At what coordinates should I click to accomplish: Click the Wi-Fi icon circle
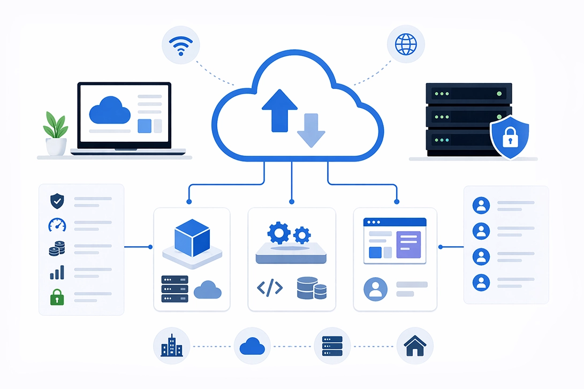tap(181, 44)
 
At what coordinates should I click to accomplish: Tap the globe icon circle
tap(405, 44)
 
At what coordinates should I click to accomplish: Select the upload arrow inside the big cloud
tap(279, 110)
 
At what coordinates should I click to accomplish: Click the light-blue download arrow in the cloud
tap(311, 130)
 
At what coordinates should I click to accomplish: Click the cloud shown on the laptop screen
tap(110, 111)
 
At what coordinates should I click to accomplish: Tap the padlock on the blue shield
tap(509, 138)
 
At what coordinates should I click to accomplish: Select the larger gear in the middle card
tap(278, 233)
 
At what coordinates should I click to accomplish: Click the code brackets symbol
tap(270, 288)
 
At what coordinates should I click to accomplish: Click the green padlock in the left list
tap(56, 296)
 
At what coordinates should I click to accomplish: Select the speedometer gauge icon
tap(56, 225)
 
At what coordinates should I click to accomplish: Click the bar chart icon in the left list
tap(57, 273)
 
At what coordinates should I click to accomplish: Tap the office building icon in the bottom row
tap(171, 346)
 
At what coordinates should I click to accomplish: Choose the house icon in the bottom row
tap(415, 346)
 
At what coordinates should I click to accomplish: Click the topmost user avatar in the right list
tap(482, 205)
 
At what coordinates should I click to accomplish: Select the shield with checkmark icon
tap(56, 201)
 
